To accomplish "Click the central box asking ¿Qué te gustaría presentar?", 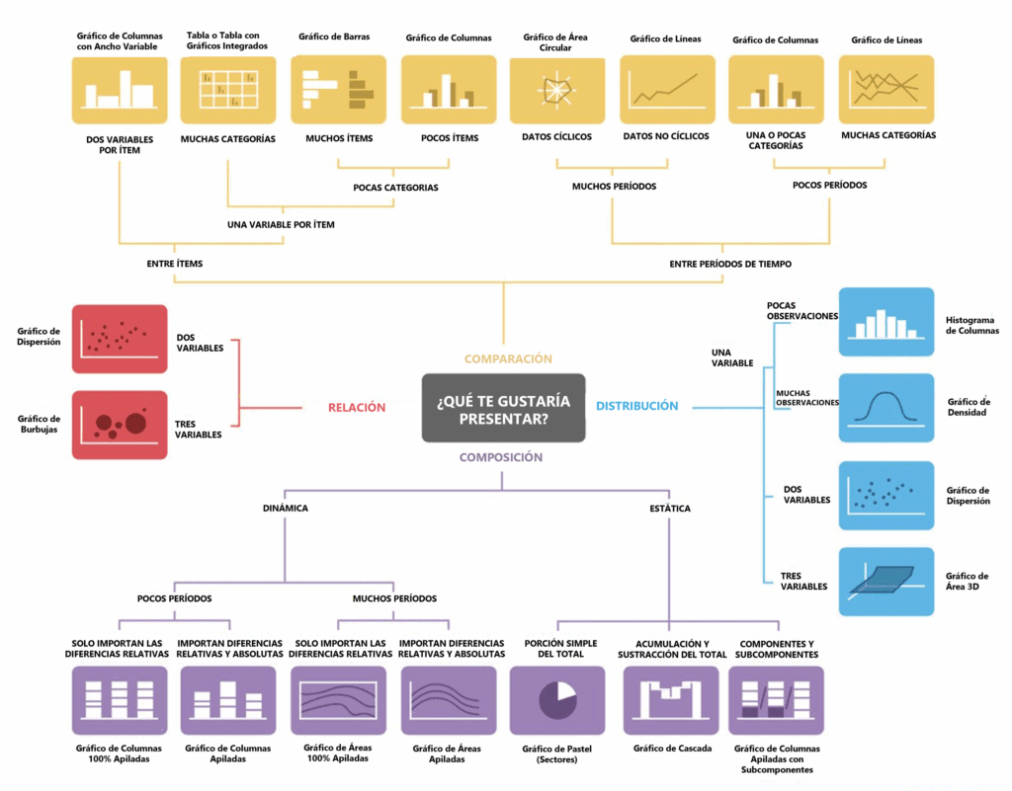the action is click(503, 408).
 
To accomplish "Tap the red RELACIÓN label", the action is click(356, 408).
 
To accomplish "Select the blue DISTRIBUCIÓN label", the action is click(637, 406).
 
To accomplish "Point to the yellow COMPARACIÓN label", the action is click(508, 359).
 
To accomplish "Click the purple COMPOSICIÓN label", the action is click(501, 457).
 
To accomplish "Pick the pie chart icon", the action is click(557, 701).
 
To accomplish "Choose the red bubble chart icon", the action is click(120, 425).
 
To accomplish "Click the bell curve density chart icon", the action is click(886, 408).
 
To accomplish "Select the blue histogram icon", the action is click(886, 322).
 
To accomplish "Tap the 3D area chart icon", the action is click(886, 582).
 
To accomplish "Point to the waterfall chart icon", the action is click(671, 701).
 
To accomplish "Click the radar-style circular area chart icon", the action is click(557, 90).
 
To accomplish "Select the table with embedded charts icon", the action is click(228, 90).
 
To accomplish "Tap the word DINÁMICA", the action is click(286, 508).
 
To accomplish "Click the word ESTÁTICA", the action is click(670, 509).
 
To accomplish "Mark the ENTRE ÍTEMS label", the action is click(174, 264).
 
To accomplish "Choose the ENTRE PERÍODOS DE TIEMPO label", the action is click(730, 264).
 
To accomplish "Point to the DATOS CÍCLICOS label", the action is click(556, 136).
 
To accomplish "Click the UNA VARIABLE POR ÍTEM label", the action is click(281, 225).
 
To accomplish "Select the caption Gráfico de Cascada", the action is click(672, 749).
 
